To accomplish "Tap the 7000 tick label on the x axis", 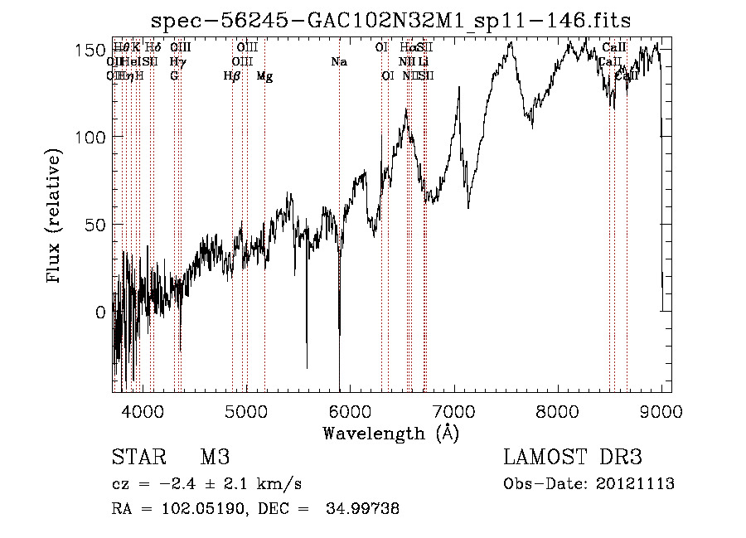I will coord(454,410).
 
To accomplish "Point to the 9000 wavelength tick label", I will coord(661,410).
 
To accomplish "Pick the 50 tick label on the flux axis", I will coord(93,225).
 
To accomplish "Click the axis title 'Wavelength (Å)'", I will coord(391,433).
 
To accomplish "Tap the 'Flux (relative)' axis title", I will coord(56,218).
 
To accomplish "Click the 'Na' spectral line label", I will coord(338,62).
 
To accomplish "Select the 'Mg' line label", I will coord(264,76).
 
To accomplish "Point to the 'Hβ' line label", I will coord(232,76).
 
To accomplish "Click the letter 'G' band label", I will coord(174,76).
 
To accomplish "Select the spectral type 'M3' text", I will coord(215,458).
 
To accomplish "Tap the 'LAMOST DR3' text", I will coord(572,458).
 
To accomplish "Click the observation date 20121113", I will coord(637,484).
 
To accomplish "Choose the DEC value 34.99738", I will coord(364,510).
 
